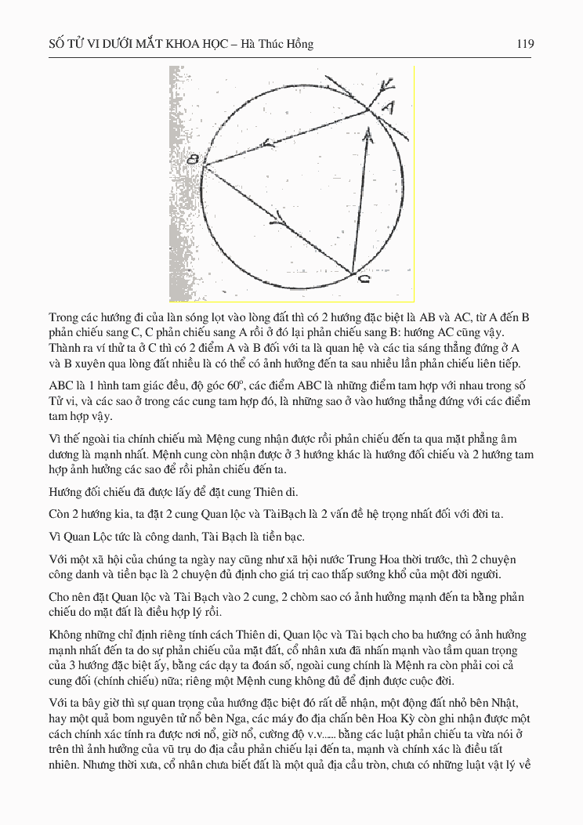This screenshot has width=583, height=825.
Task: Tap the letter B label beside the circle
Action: click(x=193, y=160)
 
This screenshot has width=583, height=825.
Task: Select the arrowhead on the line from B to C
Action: click(x=280, y=217)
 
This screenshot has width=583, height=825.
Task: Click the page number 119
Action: click(x=525, y=45)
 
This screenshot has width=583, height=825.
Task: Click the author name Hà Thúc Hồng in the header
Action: click(x=277, y=45)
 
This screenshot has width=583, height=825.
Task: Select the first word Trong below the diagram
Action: click(x=64, y=317)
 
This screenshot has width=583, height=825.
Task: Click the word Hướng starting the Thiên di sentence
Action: click(x=67, y=492)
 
